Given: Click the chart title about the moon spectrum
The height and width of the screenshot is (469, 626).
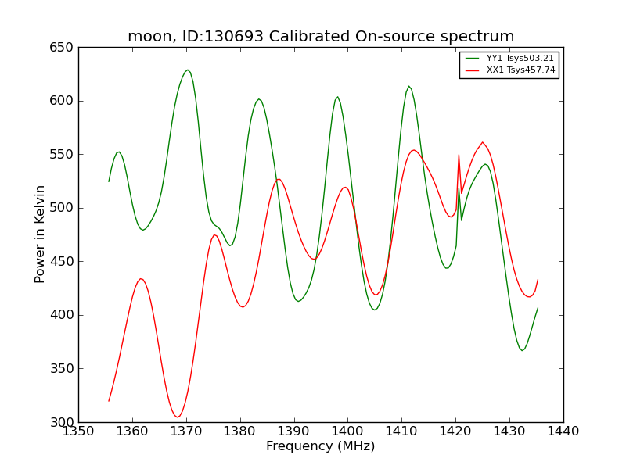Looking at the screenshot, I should pyautogui.click(x=321, y=37).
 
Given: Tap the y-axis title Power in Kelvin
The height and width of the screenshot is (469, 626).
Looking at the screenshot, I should pyautogui.click(x=40, y=234).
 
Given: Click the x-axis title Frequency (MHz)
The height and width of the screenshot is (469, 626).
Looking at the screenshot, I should pyautogui.click(x=320, y=446).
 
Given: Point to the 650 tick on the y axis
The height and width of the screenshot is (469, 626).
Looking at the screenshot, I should pyautogui.click(x=64, y=48).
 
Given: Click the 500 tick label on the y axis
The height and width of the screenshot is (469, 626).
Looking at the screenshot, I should pyautogui.click(x=64, y=208).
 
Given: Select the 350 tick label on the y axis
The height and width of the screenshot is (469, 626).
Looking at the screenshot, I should pyautogui.click(x=64, y=368).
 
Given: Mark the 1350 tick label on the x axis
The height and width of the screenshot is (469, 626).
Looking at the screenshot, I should pyautogui.click(x=78, y=431).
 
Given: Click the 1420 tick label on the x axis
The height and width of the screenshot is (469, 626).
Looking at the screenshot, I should pyautogui.click(x=455, y=431).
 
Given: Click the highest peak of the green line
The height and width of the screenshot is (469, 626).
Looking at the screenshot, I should pyautogui.click(x=187, y=70).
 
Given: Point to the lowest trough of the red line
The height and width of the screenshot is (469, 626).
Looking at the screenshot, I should pyautogui.click(x=178, y=417).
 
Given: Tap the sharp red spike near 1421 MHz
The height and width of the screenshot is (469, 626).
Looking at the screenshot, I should pyautogui.click(x=459, y=155).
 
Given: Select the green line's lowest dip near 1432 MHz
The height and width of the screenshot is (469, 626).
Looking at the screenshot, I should pyautogui.click(x=522, y=350).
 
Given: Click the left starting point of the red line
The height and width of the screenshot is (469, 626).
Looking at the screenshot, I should pyautogui.click(x=109, y=401).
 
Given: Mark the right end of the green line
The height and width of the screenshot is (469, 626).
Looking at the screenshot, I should pyautogui.click(x=538, y=308).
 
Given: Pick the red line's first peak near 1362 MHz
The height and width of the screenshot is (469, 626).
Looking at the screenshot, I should pyautogui.click(x=141, y=279).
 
